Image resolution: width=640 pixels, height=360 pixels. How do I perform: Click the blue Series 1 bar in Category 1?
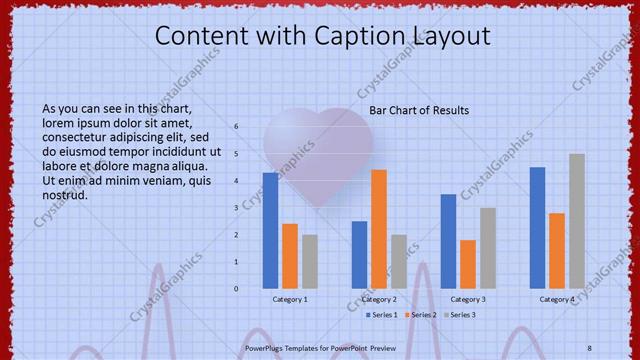pyautogui.click(x=270, y=231)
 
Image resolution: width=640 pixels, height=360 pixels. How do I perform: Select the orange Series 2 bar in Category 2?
pyautogui.click(x=379, y=229)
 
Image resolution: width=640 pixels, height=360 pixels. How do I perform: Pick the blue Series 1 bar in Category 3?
pyautogui.click(x=448, y=241)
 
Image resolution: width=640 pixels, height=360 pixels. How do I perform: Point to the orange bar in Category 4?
pyautogui.click(x=557, y=251)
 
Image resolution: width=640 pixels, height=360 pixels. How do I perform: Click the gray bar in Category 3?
pyautogui.click(x=487, y=248)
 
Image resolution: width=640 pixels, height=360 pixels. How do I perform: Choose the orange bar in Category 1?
pyautogui.click(x=290, y=256)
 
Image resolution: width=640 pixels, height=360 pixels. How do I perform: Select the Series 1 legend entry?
pyautogui.click(x=380, y=315)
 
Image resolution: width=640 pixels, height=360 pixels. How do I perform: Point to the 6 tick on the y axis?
pyautogui.click(x=237, y=127)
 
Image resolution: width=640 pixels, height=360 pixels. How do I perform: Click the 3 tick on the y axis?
pyautogui.click(x=237, y=208)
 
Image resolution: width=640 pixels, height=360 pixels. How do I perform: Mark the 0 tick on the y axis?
pyautogui.click(x=237, y=289)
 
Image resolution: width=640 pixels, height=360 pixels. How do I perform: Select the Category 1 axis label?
pyautogui.click(x=290, y=299)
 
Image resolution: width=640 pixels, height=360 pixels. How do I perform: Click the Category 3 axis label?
pyautogui.click(x=468, y=299)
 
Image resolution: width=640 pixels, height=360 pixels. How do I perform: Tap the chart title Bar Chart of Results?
pyautogui.click(x=419, y=110)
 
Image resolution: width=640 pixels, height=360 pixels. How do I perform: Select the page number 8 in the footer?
pyautogui.click(x=589, y=347)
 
